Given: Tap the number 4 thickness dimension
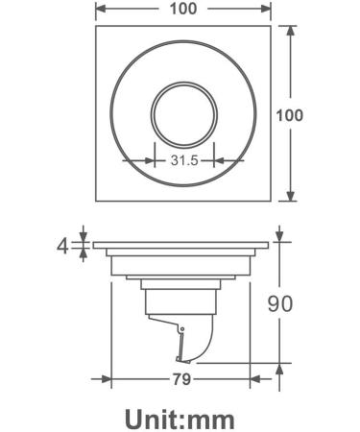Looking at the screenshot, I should point(62,246).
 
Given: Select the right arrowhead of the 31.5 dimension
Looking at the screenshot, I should point(212,161).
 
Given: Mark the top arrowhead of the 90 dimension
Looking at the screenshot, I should point(279,233).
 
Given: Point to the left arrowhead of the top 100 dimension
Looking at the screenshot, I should point(99,11).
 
